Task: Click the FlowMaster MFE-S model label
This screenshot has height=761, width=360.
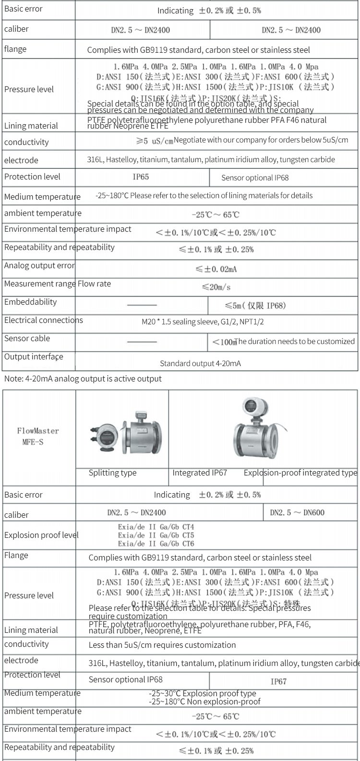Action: (37, 436)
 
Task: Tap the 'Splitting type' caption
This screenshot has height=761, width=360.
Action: (112, 473)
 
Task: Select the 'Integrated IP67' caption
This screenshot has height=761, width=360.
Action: (200, 473)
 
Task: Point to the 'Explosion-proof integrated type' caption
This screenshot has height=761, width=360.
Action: (300, 473)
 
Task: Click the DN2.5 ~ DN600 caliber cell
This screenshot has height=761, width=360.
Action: (297, 512)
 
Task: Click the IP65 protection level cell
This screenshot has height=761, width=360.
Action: (141, 177)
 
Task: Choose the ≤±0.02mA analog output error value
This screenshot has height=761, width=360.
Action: (216, 269)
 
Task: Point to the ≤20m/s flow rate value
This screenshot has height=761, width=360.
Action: (216, 287)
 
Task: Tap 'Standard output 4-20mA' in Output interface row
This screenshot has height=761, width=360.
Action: (201, 364)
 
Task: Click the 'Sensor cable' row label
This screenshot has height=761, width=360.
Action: (27, 339)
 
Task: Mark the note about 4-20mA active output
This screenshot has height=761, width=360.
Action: (83, 379)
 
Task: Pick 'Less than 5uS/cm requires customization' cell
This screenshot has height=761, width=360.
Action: (162, 645)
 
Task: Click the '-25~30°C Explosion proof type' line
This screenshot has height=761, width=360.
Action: (202, 693)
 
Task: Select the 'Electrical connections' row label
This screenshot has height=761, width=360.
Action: (44, 321)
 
